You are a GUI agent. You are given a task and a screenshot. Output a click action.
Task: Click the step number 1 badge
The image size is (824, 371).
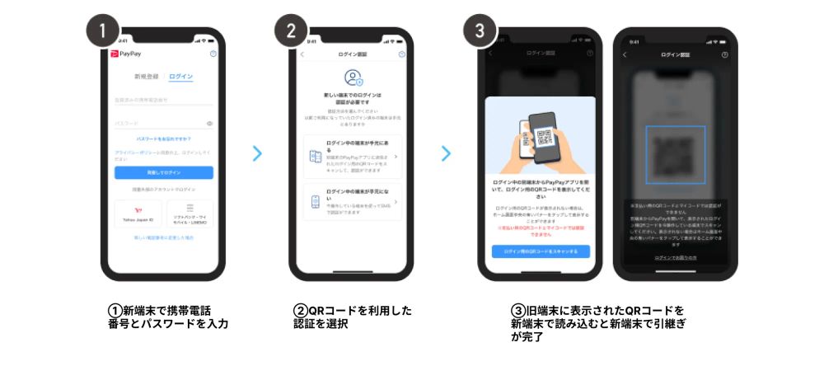(x=103, y=31)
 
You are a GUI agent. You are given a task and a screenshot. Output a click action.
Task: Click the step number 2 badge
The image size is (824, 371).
(x=291, y=31)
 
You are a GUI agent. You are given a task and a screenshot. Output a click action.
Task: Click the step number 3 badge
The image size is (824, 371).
(x=480, y=31)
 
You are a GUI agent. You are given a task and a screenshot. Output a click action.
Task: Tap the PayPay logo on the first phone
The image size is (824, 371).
(x=126, y=54)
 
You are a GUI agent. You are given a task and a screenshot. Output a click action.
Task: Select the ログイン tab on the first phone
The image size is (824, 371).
(x=180, y=77)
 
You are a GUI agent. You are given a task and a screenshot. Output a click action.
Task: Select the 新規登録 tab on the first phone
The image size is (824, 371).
(x=146, y=77)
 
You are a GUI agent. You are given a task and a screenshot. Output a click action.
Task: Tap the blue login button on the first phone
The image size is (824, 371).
(x=163, y=172)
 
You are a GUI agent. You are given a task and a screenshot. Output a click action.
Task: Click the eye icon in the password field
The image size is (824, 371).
(x=210, y=124)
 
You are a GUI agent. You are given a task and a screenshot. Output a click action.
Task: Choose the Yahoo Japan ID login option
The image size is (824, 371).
(x=138, y=215)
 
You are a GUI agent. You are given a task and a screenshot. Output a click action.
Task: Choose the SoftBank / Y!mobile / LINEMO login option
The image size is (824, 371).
(x=190, y=215)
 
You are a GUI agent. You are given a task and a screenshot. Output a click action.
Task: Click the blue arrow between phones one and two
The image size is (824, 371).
(x=257, y=153)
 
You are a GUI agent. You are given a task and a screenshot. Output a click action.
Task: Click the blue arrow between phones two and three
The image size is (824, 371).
(x=446, y=153)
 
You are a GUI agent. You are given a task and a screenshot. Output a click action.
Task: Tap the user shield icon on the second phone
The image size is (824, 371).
(x=353, y=78)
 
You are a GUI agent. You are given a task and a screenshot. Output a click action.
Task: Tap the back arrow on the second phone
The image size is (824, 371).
(x=302, y=54)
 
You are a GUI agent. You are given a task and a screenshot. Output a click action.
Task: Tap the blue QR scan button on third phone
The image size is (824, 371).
(x=541, y=251)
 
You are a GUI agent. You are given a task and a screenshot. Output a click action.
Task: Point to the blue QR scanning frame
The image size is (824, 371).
(x=675, y=154)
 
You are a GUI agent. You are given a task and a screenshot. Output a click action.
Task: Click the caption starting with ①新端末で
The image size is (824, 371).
(x=167, y=317)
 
